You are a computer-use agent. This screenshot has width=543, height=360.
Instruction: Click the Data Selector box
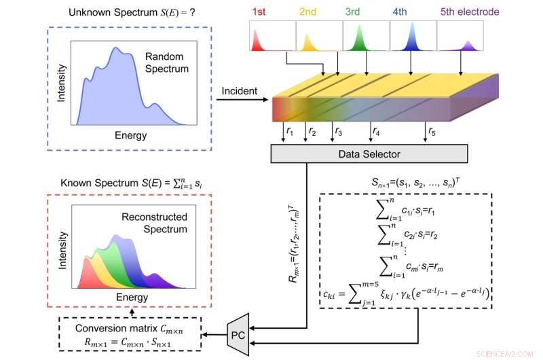369,154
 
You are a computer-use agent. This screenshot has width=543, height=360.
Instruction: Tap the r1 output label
291,129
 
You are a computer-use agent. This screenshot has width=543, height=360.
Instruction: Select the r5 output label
433,129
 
